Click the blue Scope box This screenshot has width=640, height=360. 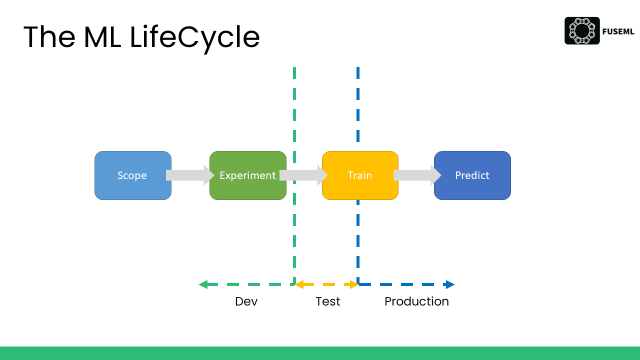coord(133,175)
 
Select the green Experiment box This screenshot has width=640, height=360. coord(247,175)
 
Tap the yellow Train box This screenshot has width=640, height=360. coord(360,175)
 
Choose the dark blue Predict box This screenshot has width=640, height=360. coord(472,175)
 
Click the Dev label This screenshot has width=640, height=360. coord(246,301)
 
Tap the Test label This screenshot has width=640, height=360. coord(327,301)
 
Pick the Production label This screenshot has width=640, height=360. coord(416,301)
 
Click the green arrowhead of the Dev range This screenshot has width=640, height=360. coord(203,284)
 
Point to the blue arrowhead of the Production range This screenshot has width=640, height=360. coord(450,284)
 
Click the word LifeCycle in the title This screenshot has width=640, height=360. coord(194,37)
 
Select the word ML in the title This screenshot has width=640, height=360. coord(102,37)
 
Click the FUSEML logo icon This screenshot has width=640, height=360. coord(582,30)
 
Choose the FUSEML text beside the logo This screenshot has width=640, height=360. coord(618,31)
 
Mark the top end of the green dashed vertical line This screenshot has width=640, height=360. coord(294,68)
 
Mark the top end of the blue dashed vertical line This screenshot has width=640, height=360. coord(358,68)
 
